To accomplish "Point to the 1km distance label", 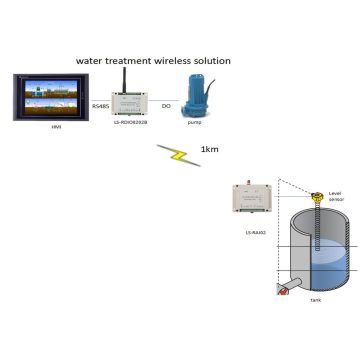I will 210,151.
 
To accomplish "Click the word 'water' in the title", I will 92,61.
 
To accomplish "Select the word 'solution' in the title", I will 209,61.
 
